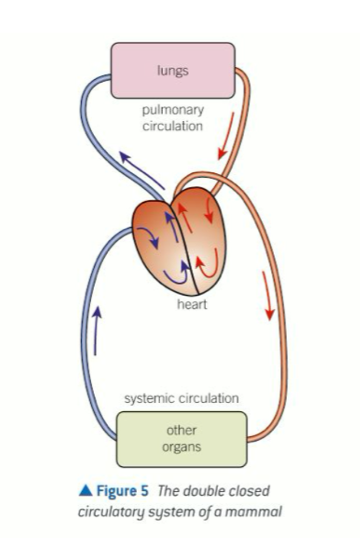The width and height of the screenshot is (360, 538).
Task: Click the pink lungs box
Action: [173, 71]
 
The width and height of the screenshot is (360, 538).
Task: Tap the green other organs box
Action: [182, 439]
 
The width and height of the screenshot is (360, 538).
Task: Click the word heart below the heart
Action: [192, 304]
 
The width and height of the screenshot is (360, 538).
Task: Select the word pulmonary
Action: [173, 110]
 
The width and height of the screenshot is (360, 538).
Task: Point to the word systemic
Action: [146, 398]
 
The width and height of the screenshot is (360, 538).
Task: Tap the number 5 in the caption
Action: [144, 491]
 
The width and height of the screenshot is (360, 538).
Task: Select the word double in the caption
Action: [202, 491]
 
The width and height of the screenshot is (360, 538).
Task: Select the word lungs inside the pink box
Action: [173, 71]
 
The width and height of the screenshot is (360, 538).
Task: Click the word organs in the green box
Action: [182, 447]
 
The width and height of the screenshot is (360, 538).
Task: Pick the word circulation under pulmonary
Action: [173, 126]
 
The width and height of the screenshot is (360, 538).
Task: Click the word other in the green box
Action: [182, 431]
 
